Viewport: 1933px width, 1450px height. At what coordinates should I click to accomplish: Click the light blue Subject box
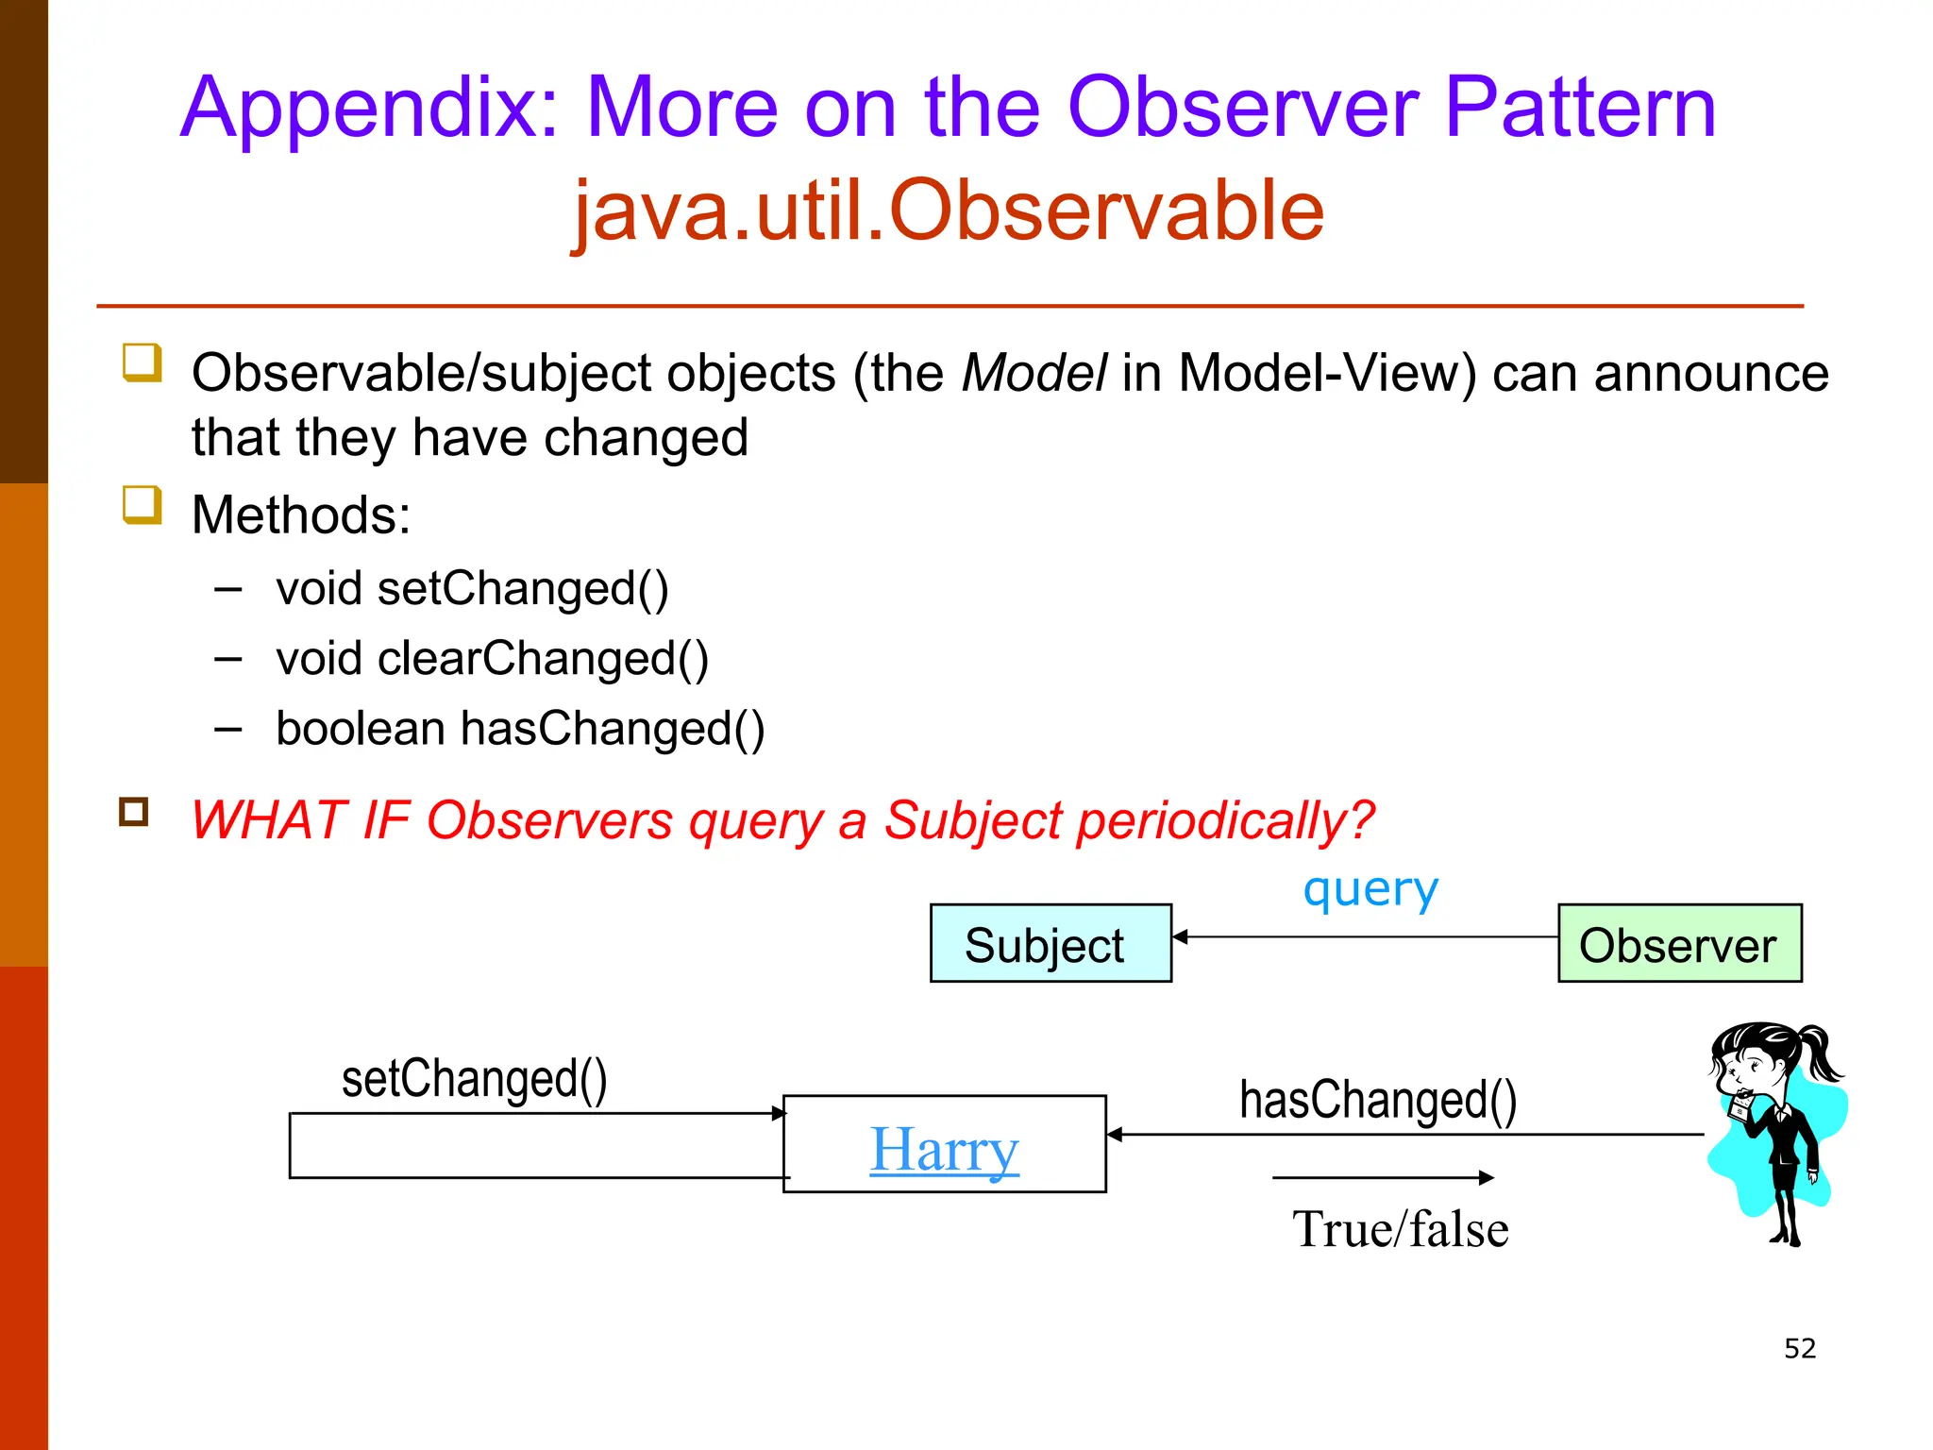1050,943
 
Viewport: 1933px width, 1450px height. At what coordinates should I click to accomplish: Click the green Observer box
1679,943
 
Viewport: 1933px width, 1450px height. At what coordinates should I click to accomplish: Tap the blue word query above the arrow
1370,888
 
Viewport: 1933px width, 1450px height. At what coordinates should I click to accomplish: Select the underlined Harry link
944,1149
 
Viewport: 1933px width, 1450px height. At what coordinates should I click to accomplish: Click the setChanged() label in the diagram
474,1078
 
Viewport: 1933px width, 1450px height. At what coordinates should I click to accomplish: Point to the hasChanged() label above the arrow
1377,1100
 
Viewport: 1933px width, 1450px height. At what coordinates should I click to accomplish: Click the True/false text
1400,1229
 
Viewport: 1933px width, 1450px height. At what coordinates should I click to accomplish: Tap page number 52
1799,1348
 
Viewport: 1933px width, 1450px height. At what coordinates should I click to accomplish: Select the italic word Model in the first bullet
1034,373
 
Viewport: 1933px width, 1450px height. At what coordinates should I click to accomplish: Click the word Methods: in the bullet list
301,515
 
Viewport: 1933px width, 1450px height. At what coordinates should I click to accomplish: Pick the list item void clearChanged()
492,658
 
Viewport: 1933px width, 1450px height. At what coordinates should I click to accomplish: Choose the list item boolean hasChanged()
520,729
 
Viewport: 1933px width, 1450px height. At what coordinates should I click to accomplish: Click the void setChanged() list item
472,588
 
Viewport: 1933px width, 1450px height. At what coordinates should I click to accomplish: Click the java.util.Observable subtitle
949,210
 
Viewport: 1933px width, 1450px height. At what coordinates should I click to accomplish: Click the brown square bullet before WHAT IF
134,812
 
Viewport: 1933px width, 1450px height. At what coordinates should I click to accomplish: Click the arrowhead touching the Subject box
1180,936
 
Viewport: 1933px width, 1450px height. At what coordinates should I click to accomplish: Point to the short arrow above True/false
1383,1177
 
